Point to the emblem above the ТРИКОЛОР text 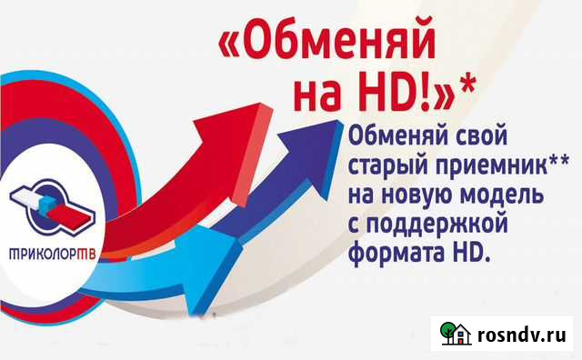(x=55, y=205)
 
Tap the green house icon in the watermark (x=455, y=335)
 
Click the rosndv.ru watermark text (x=523, y=335)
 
